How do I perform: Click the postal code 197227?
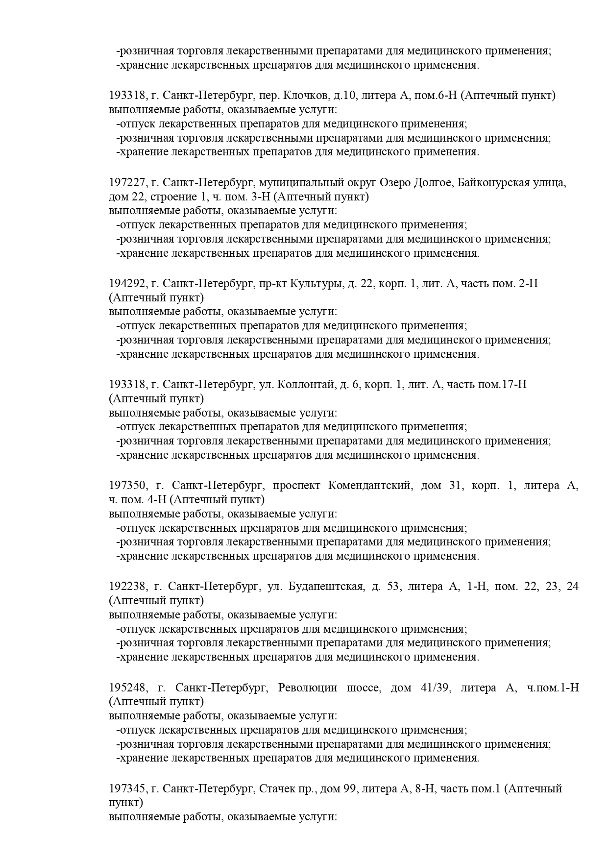127,183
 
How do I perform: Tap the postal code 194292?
127,284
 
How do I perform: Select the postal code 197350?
127,486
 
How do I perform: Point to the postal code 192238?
127,587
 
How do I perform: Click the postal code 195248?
127,688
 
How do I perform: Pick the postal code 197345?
127,788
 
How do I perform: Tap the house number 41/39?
434,688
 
